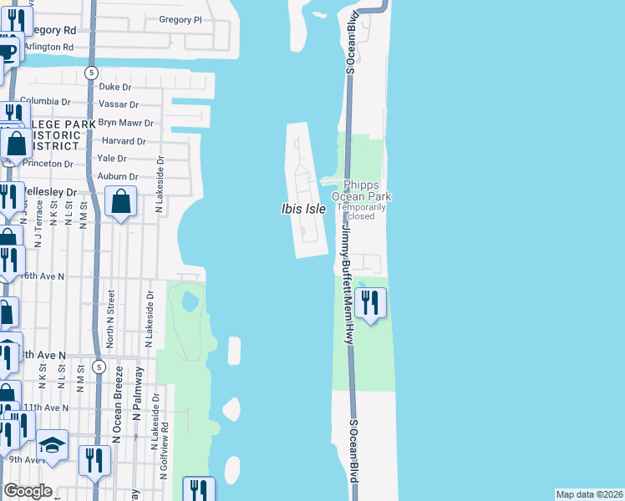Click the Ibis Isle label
tap(302, 209)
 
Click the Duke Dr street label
tap(115, 86)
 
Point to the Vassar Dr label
tap(119, 104)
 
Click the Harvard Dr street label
tap(124, 141)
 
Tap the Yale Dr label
tap(111, 159)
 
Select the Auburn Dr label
tap(117, 176)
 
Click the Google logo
tap(28, 491)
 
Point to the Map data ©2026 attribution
tap(589, 494)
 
